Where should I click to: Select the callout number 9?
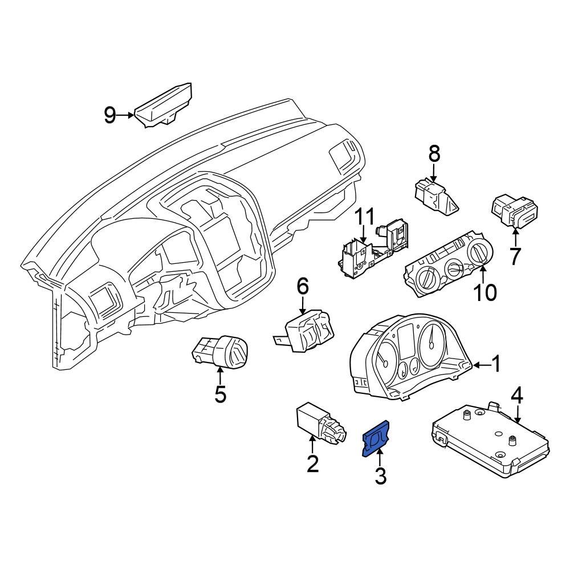coord(110,116)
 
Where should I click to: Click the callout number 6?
coord(302,286)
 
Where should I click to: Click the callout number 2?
coord(312,464)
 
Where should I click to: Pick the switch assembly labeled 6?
coord(306,329)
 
